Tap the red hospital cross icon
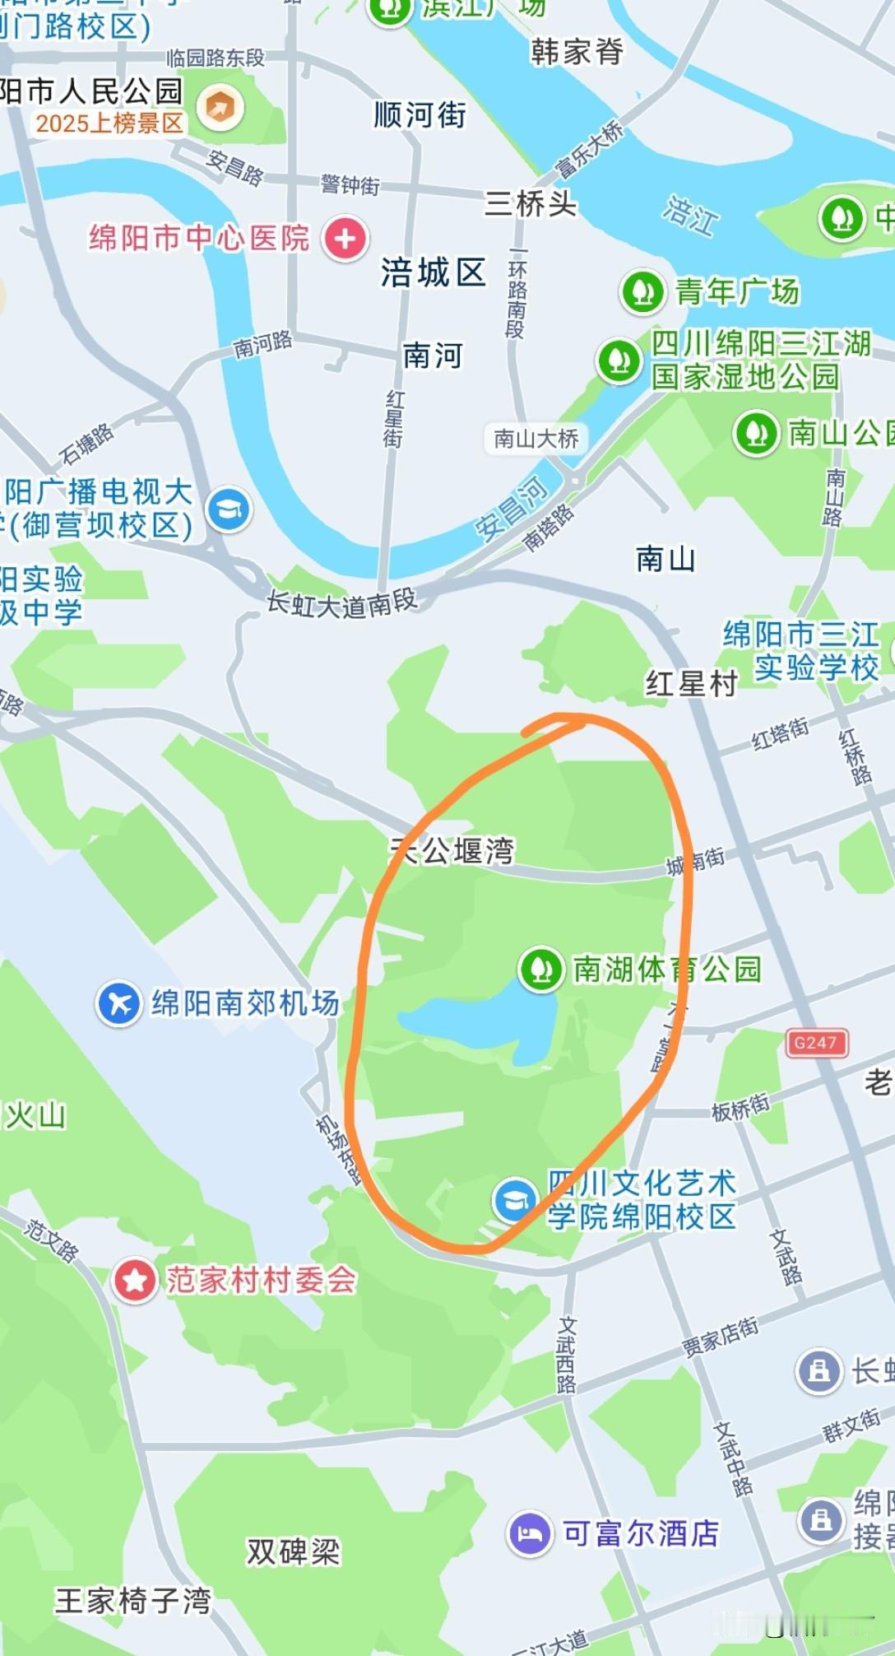[x=345, y=239]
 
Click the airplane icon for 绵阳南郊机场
[x=119, y=1003]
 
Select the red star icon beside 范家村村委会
[x=135, y=1280]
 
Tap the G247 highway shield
[x=814, y=1043]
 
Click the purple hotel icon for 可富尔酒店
[x=530, y=1533]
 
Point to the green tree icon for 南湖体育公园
[x=540, y=969]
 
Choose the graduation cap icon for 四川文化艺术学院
[x=515, y=1199]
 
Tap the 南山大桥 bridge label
[x=536, y=439]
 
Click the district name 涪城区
[x=433, y=272]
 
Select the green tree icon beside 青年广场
[x=642, y=291]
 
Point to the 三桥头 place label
[x=531, y=202]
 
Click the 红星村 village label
[x=691, y=683]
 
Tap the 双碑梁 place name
[x=293, y=1552]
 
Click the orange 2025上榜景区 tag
[x=109, y=123]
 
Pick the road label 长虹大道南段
[x=341, y=604]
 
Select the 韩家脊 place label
[x=577, y=52]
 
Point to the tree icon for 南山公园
[x=756, y=433]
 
